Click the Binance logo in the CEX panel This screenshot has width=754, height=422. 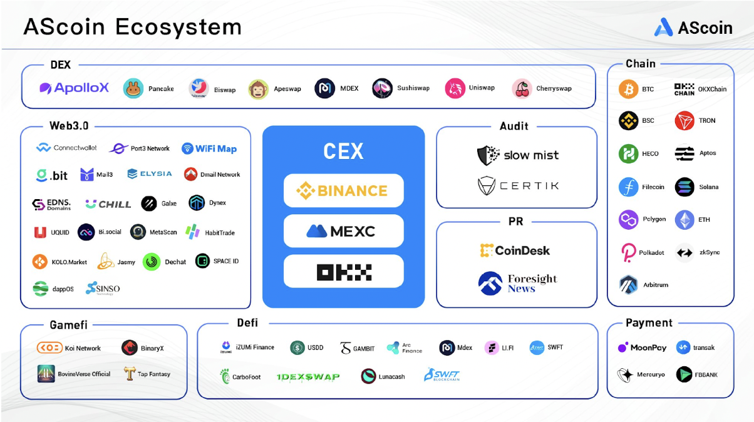coord(343,190)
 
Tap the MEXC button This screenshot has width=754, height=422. coord(343,231)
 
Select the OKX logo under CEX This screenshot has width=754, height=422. coord(343,272)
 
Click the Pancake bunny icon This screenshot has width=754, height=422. coord(133,89)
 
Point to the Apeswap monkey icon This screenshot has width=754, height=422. coord(258,89)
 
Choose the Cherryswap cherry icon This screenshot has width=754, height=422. coord(522,89)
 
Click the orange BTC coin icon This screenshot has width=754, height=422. coord(628,89)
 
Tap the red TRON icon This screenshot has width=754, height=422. coord(684,121)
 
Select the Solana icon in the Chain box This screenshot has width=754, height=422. coord(684,187)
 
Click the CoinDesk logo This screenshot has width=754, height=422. coord(515,250)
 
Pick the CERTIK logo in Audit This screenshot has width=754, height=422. coord(517,186)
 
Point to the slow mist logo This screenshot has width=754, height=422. coord(517,155)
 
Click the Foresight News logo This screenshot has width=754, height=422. coord(517,283)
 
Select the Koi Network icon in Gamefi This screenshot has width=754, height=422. coord(49,348)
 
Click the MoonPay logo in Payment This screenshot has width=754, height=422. coord(642,347)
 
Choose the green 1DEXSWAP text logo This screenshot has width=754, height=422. coord(308,376)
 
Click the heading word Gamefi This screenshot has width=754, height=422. coord(68,325)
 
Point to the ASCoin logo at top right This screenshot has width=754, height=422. coord(693,27)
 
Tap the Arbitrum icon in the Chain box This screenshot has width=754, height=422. coord(628,284)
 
